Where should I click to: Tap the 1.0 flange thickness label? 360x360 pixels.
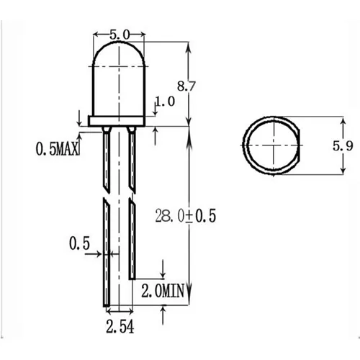pyautogui.click(x=165, y=102)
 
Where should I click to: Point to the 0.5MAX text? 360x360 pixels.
pyautogui.click(x=58, y=150)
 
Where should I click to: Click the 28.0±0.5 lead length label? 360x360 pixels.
pyautogui.click(x=186, y=215)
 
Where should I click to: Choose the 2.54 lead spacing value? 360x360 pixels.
pyautogui.click(x=120, y=329)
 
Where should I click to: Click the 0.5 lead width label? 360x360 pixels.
pyautogui.click(x=80, y=243)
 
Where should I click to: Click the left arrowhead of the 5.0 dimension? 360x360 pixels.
pyautogui.click(x=96, y=34)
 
